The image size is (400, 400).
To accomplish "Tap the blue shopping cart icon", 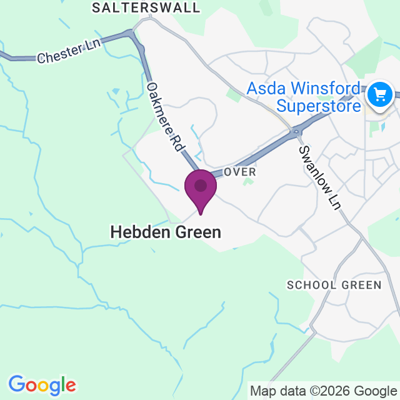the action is [x=379, y=95].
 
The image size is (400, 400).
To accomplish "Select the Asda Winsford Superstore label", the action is [x=304, y=96].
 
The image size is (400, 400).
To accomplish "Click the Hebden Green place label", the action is [x=166, y=232].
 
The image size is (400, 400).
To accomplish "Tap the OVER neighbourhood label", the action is [x=240, y=171].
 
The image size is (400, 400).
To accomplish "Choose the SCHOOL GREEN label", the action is [x=334, y=285].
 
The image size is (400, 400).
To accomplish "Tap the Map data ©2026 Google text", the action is [x=323, y=392].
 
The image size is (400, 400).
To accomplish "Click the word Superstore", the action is [x=319, y=105].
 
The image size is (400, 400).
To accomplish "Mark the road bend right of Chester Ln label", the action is [x=133, y=34].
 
